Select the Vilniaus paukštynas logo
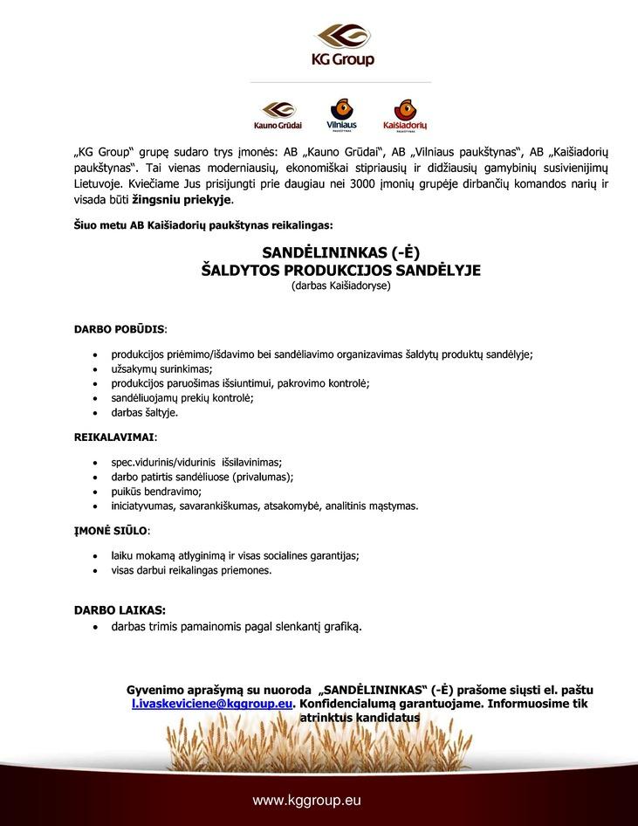coord(341,114)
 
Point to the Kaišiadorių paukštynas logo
coord(405,114)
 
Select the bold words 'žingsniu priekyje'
coord(182,200)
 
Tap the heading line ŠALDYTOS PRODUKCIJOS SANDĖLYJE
coord(341,271)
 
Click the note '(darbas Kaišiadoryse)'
coord(341,286)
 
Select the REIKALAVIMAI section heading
coord(114,436)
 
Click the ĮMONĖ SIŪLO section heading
coord(112,529)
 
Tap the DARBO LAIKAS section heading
coord(120,610)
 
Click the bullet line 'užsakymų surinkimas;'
coord(161,369)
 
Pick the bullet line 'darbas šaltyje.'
coord(145,412)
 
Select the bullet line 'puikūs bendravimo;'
coord(156,491)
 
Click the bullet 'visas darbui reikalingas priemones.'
coord(191,569)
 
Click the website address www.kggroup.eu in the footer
coord(306,800)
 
